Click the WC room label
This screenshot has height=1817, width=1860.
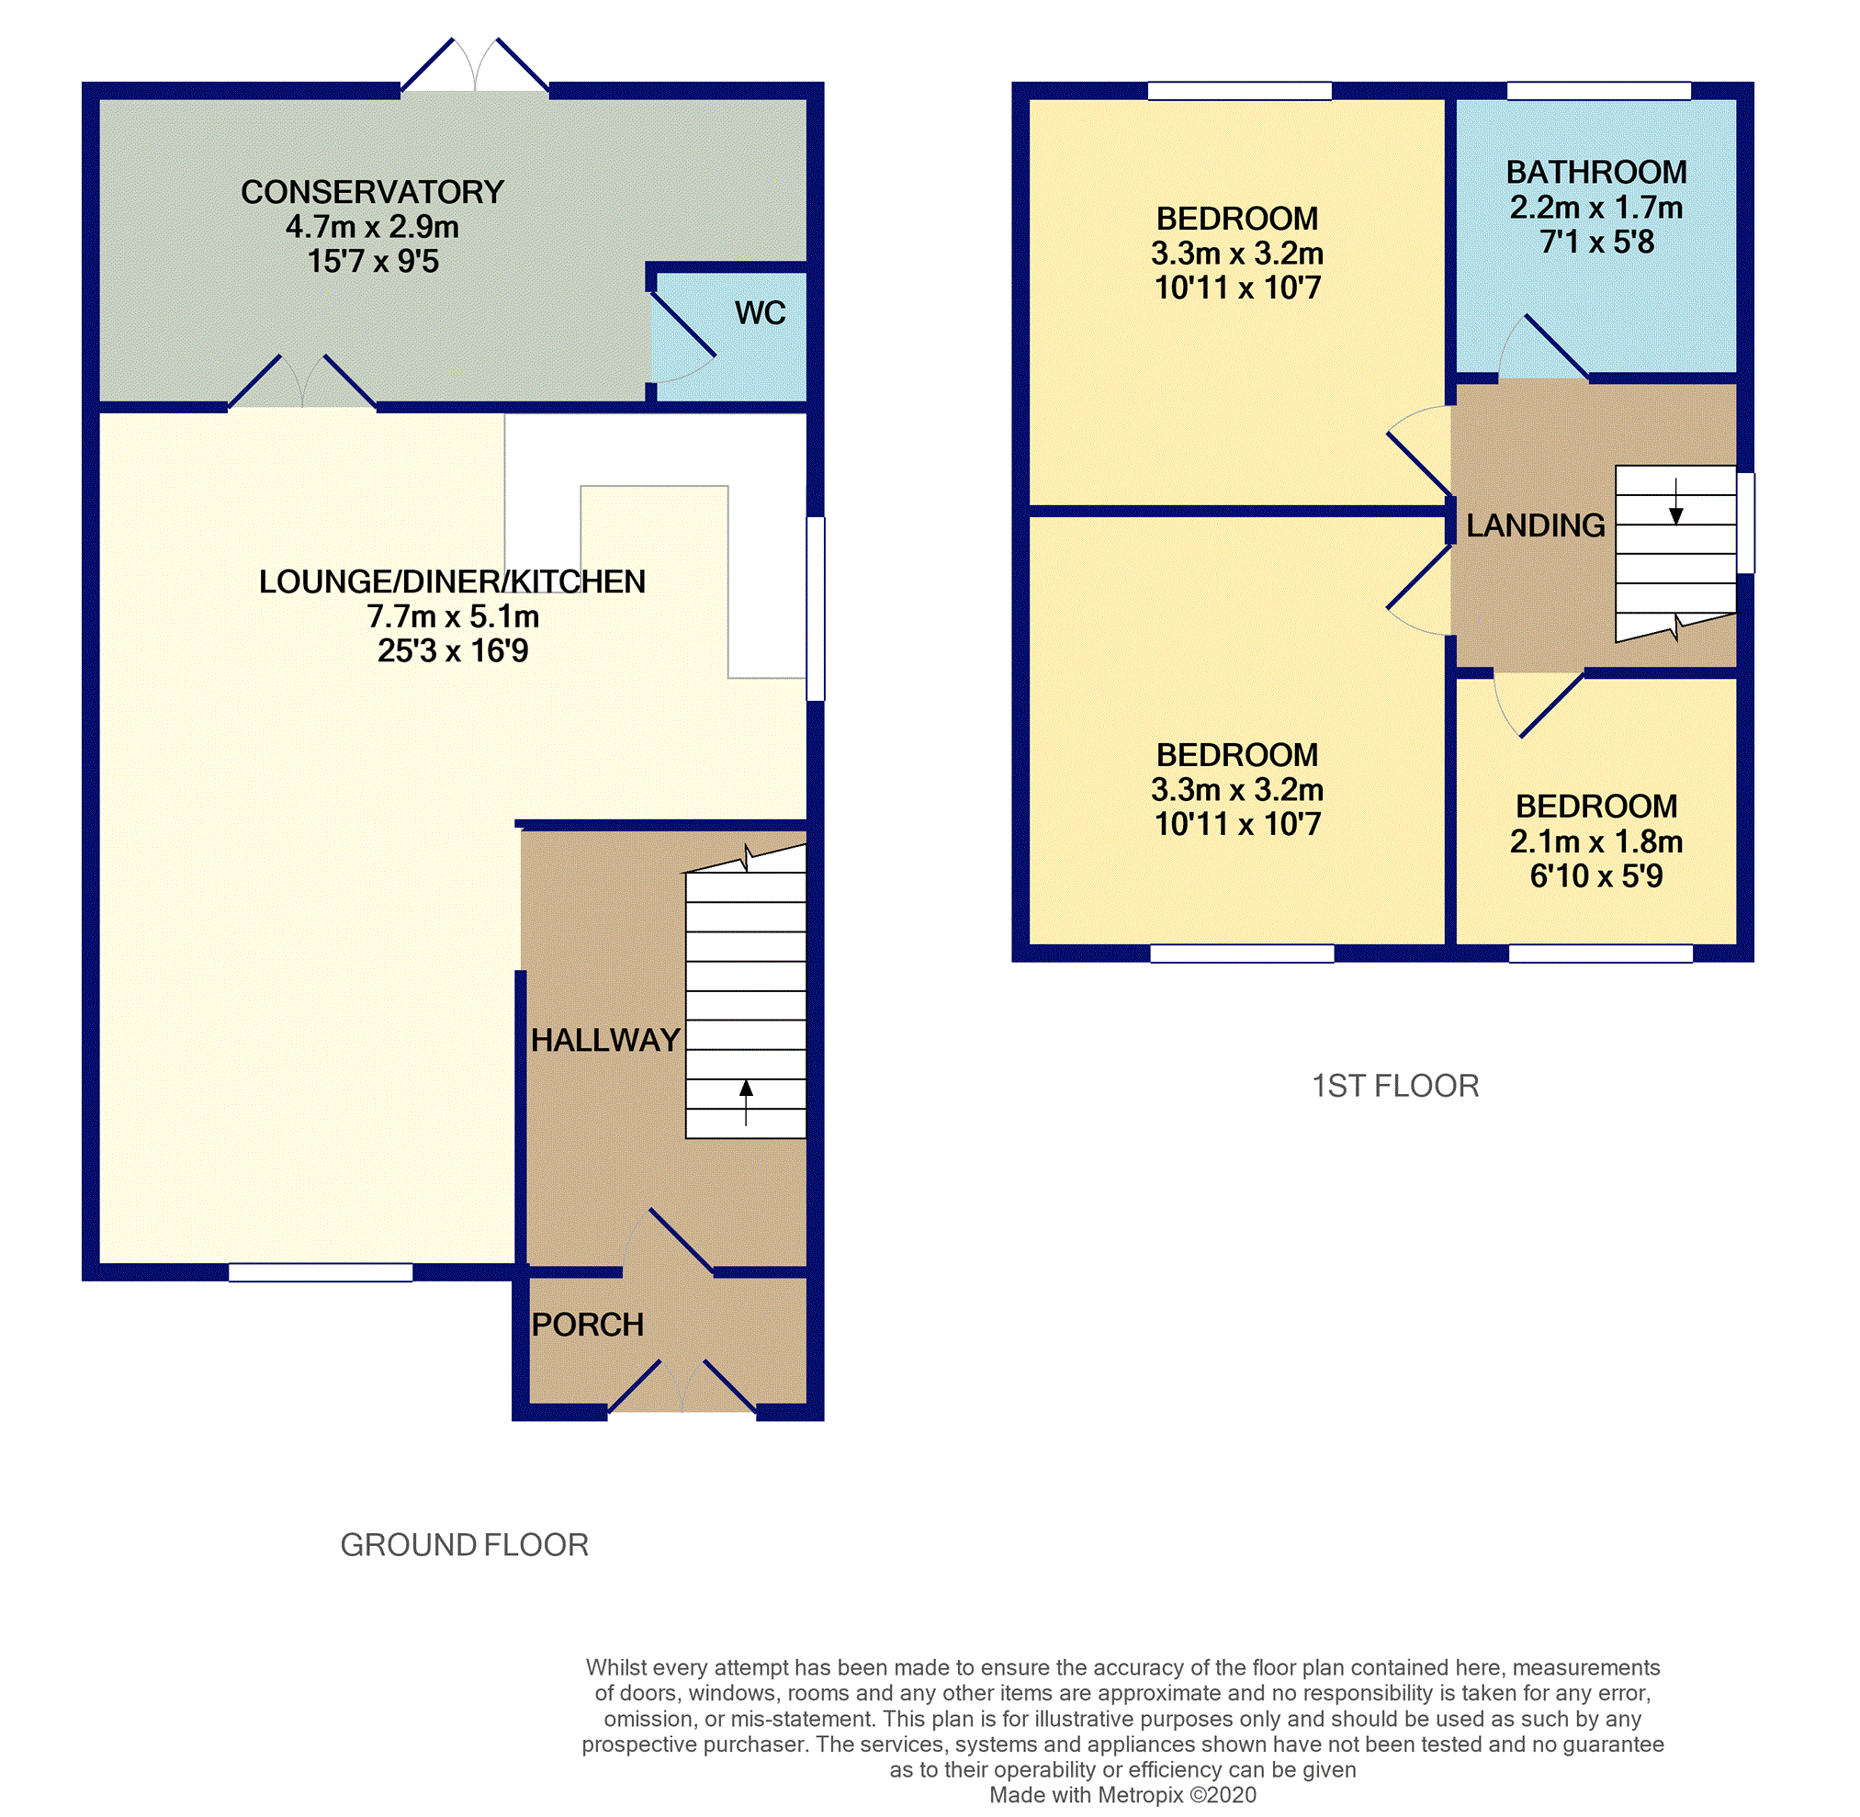pos(760,313)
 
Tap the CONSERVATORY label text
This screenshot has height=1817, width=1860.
pos(372,192)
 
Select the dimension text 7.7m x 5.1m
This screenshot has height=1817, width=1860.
pos(454,616)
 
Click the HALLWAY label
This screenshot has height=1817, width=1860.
pos(605,1039)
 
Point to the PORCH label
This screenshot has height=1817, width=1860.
pos(587,1325)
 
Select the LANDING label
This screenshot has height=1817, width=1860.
pos(1535,525)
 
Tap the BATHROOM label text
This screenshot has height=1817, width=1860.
pos(1595,172)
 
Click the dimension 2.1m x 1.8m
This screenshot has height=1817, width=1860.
pos(1595,841)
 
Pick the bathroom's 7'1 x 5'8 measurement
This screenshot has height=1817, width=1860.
pos(1595,243)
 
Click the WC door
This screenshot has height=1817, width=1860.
pos(682,325)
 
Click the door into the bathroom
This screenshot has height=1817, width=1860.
pos(1557,346)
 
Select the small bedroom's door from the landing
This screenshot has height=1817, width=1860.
pos(1551,705)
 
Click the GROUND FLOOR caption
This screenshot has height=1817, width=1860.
pos(464,1545)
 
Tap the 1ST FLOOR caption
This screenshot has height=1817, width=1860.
pos(1394,1086)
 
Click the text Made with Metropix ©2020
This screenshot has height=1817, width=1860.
pos(1122,1795)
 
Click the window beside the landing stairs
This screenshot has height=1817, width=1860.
pos(1744,523)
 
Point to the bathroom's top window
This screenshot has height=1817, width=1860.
pos(1598,92)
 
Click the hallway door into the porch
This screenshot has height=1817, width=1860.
pos(682,1242)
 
